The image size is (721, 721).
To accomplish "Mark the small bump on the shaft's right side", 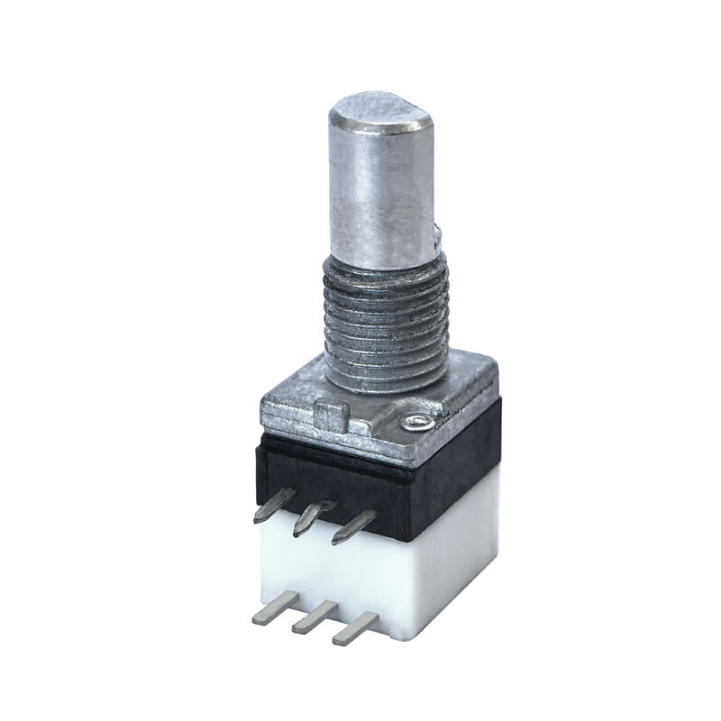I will click(x=437, y=237).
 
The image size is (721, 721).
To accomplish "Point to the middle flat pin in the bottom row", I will click(x=311, y=619).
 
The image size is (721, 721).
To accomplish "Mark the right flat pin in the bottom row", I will click(x=354, y=628).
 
